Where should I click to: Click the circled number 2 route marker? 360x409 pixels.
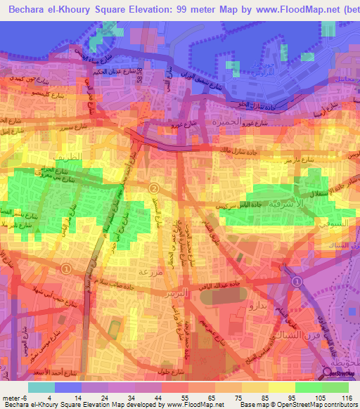click(153, 188)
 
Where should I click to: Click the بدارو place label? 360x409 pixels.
click(252, 308)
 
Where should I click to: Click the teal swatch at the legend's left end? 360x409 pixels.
click(41, 387)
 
